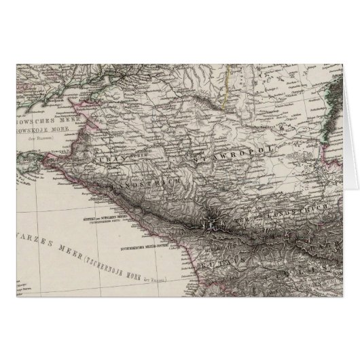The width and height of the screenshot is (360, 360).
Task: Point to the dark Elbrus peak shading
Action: coord(212,222)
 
